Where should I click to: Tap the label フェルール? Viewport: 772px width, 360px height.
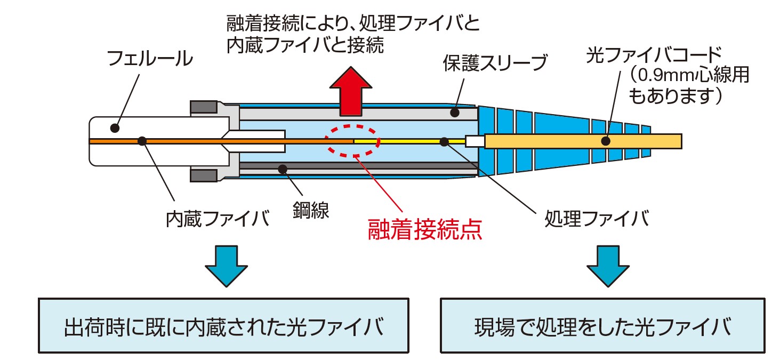pos(150,59)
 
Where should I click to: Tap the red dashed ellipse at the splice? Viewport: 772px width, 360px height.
pos(353,141)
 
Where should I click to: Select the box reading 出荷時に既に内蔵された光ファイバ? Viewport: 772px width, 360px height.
pos(223,325)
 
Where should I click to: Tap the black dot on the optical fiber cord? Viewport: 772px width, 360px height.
pos(605,141)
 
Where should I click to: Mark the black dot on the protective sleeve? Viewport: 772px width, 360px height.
pos(454,112)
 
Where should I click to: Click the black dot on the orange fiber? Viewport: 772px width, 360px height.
pos(142,141)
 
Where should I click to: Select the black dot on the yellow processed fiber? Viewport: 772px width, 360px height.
pos(444,141)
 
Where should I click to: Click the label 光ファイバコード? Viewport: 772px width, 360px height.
pos(654,55)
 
